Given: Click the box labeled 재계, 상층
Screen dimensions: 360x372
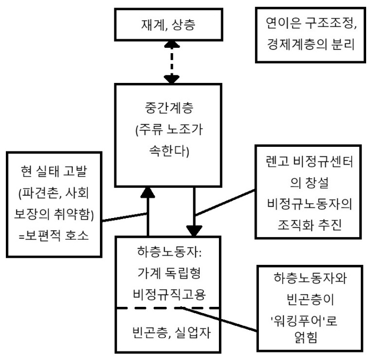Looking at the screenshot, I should (x=170, y=24).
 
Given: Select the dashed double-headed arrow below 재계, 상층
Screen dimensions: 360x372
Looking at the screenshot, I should (x=170, y=63).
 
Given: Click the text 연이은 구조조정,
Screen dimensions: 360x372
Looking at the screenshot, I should (x=310, y=23).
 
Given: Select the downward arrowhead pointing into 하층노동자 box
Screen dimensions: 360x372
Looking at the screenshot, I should (x=194, y=230).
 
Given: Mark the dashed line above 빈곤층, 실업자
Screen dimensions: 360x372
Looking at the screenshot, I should (x=168, y=308).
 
